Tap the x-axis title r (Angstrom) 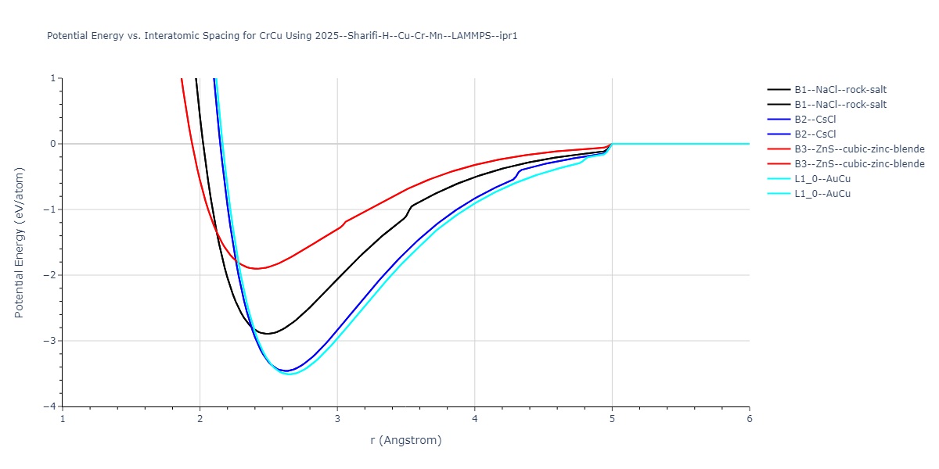(406, 440)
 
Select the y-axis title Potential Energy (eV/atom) (20, 242)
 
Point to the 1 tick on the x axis (63, 418)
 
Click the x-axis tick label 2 (200, 418)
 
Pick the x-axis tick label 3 (337, 418)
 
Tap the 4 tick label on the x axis (475, 418)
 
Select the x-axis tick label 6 (750, 418)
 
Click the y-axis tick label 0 (51, 144)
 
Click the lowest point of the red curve (255, 269)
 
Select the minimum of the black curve (268, 334)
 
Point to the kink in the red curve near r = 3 (345, 222)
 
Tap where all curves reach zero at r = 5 (612, 144)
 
